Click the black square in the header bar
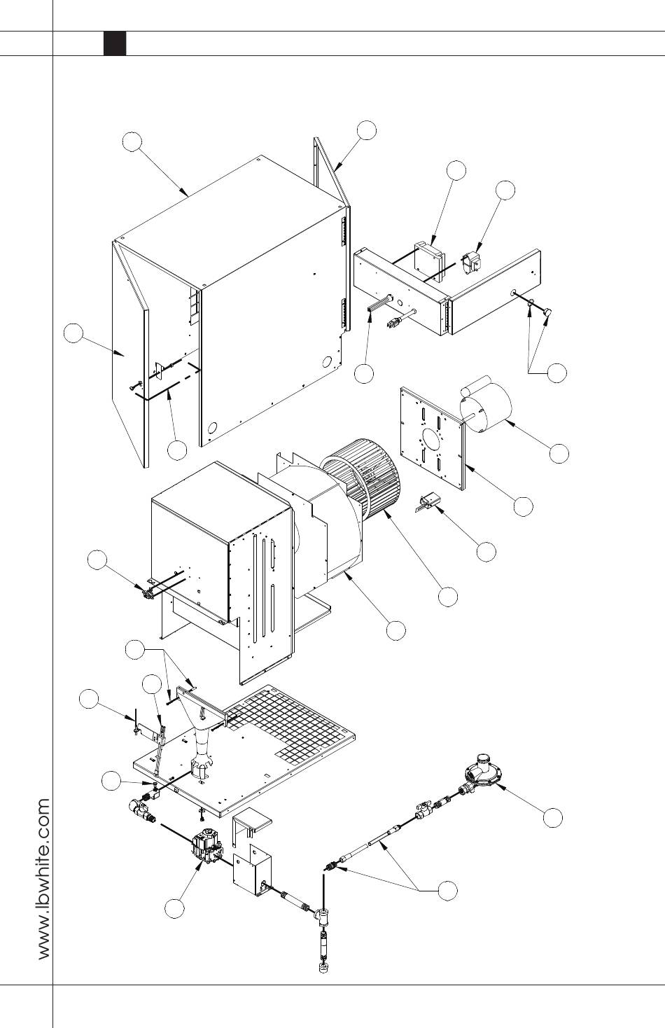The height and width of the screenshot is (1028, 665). [x=115, y=43]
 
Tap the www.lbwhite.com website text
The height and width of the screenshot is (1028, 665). [x=44, y=878]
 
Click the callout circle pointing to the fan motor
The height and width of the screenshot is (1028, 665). [x=559, y=453]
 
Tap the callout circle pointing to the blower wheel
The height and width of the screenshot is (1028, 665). [x=448, y=597]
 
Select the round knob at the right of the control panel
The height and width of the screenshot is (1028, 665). [x=546, y=312]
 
